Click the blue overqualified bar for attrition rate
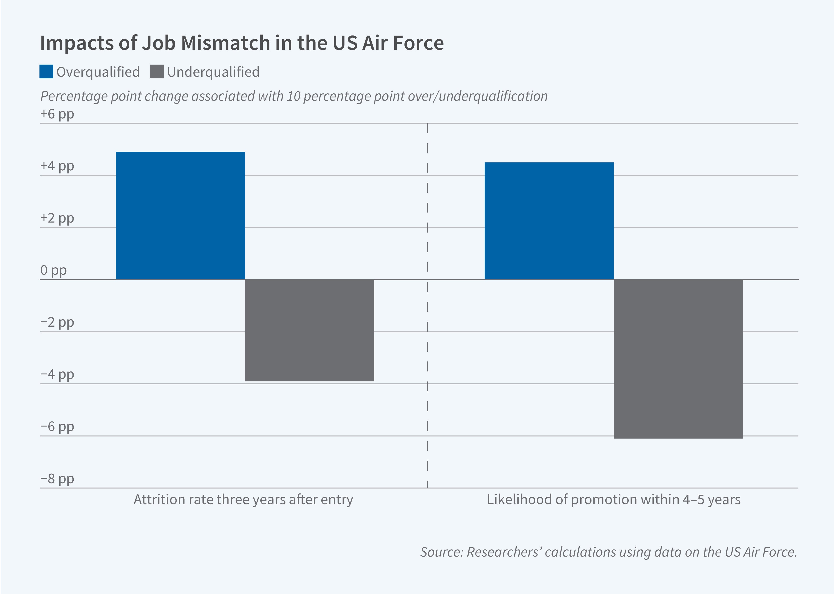click(180, 216)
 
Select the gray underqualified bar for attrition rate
click(309, 330)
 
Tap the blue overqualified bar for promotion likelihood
click(549, 221)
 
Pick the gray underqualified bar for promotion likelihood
click(678, 359)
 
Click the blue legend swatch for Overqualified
click(46, 72)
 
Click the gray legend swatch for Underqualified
click(157, 72)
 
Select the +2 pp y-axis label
click(57, 218)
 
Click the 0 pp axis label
click(53, 270)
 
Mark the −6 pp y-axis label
click(57, 426)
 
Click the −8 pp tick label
click(57, 478)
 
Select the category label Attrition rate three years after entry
click(243, 500)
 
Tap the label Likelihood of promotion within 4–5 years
click(613, 500)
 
